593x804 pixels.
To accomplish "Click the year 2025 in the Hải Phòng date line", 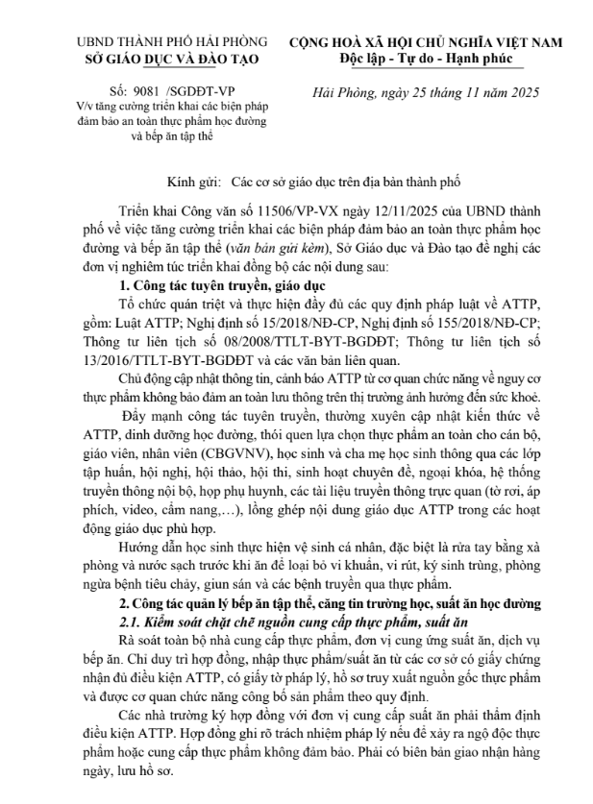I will click(x=524, y=93).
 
